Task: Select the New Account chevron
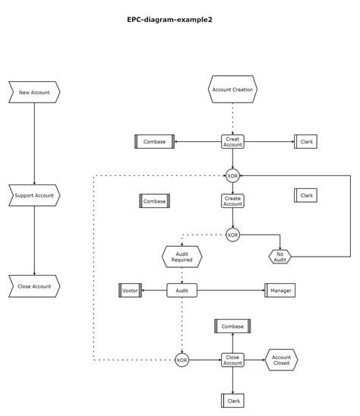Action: tap(34, 93)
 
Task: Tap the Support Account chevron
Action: tap(34, 195)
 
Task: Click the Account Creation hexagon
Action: tap(232, 90)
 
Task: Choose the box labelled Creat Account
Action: tap(232, 141)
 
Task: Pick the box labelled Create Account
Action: tap(232, 201)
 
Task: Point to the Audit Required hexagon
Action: tap(182, 257)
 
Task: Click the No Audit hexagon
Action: tap(279, 257)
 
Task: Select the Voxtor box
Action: tap(131, 290)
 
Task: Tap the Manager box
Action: tap(279, 290)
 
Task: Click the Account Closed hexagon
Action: tap(281, 360)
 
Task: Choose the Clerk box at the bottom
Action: tap(232, 400)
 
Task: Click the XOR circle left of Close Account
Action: tap(182, 360)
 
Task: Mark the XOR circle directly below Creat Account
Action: tap(232, 175)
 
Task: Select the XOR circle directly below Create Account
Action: tap(232, 235)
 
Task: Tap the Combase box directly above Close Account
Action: tap(232, 326)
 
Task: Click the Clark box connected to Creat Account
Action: tap(306, 141)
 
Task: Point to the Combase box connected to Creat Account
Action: tap(154, 141)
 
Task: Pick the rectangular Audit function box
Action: tap(182, 290)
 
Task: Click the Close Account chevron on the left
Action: tap(34, 286)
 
